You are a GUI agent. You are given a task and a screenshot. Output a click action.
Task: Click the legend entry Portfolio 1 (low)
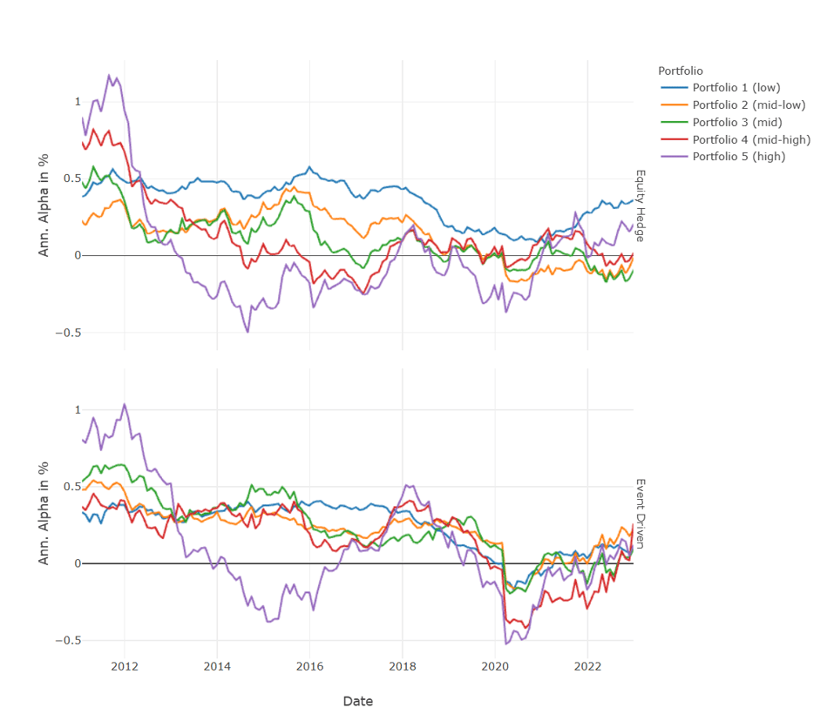pos(736,87)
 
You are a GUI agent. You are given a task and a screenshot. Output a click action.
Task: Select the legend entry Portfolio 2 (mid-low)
pos(748,104)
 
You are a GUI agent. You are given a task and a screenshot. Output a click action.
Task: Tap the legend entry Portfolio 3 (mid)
pos(736,122)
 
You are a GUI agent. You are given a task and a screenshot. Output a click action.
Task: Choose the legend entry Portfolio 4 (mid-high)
pos(751,139)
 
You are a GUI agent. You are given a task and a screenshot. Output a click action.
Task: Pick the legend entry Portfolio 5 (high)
pos(738,157)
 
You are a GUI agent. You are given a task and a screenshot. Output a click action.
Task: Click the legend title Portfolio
pos(681,71)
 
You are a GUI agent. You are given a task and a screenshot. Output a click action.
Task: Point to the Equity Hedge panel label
pos(639,206)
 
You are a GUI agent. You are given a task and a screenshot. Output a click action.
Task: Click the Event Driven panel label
pos(639,514)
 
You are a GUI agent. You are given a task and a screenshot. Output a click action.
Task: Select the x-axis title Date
pos(357,701)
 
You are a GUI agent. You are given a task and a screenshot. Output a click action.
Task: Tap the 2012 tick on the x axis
pos(125,667)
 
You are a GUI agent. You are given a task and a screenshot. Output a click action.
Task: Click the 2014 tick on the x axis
pos(217,667)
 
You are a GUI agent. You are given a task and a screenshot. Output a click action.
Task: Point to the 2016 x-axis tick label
pos(309,667)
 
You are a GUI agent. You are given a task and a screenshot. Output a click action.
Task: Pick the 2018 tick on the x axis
pos(402,667)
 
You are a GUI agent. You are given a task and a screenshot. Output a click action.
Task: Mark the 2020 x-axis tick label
pos(495,667)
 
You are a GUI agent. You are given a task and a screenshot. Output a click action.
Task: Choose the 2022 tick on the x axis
pos(587,667)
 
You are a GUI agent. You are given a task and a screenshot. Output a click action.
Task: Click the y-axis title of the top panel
pos(44,205)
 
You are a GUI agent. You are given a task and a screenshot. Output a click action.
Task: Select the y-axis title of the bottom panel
pos(44,513)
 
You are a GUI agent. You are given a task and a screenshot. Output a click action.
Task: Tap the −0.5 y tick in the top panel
pos(62,333)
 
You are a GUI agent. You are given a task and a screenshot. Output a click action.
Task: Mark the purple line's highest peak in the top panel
pos(110,75)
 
